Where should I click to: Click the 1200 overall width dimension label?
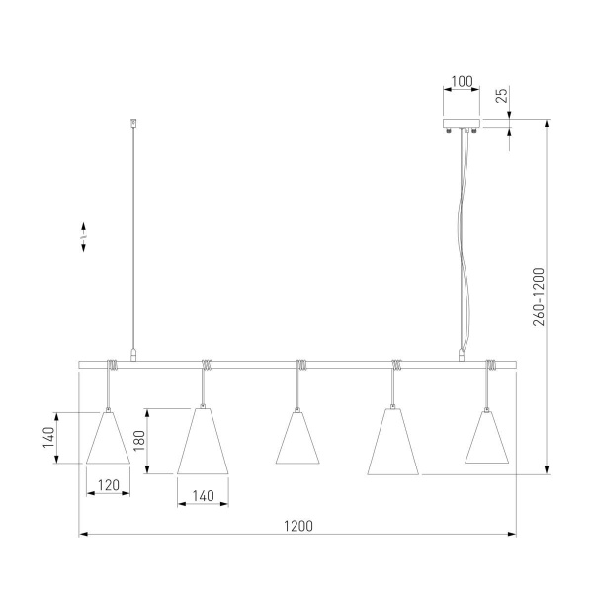[x=298, y=526]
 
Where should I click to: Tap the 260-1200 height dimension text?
[x=539, y=296]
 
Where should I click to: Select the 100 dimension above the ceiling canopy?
[x=462, y=81]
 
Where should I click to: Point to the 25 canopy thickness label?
[x=501, y=96]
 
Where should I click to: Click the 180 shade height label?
[x=139, y=440]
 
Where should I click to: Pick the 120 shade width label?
[x=109, y=485]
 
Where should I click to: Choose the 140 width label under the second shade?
[x=203, y=496]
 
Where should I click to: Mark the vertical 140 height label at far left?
[x=48, y=437]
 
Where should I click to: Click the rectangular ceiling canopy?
[x=462, y=124]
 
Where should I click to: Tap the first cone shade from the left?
[x=108, y=438]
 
